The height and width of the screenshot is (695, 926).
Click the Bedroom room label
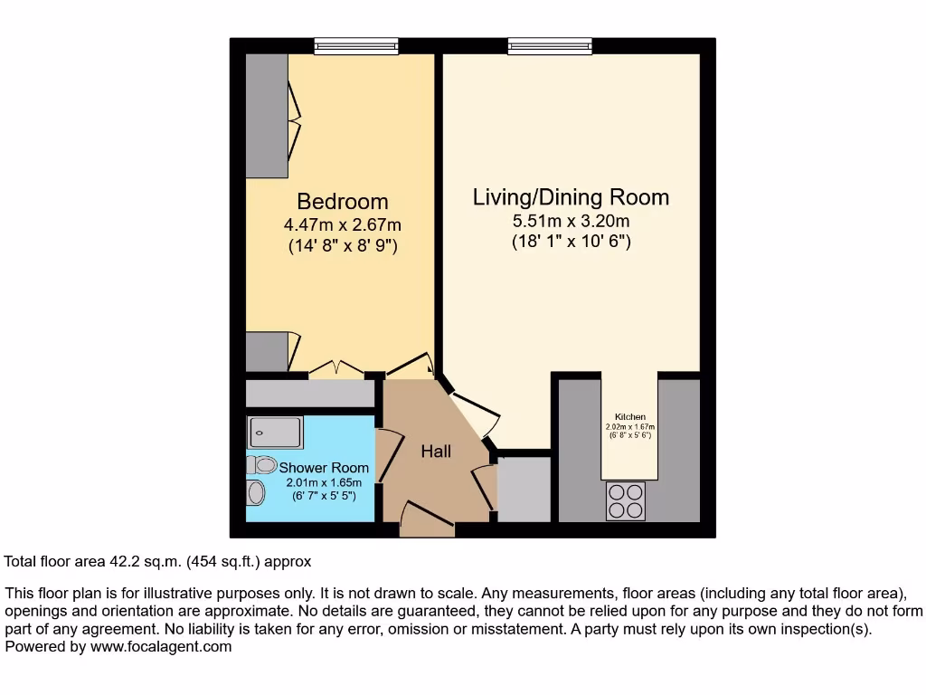(x=343, y=202)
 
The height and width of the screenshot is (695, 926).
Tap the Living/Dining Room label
(x=571, y=197)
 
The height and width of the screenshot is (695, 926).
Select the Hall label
(x=436, y=451)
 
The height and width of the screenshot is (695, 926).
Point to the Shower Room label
(x=324, y=468)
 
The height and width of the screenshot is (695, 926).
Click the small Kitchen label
(x=630, y=417)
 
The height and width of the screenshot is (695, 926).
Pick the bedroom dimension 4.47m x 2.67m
(x=343, y=225)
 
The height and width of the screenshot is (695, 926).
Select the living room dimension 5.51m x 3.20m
(x=571, y=221)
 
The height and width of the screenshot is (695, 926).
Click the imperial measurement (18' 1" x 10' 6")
(x=571, y=242)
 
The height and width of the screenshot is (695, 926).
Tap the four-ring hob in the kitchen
(x=626, y=501)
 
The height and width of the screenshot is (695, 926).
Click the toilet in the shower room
(x=261, y=464)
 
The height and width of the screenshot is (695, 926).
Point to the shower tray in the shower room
(x=275, y=433)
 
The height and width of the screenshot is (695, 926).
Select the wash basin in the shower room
(x=256, y=493)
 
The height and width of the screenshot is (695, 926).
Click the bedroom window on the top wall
(x=356, y=45)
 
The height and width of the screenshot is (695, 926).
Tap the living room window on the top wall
(x=550, y=45)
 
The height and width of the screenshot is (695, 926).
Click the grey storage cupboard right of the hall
(x=524, y=489)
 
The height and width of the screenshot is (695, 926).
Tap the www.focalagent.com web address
(x=161, y=647)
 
